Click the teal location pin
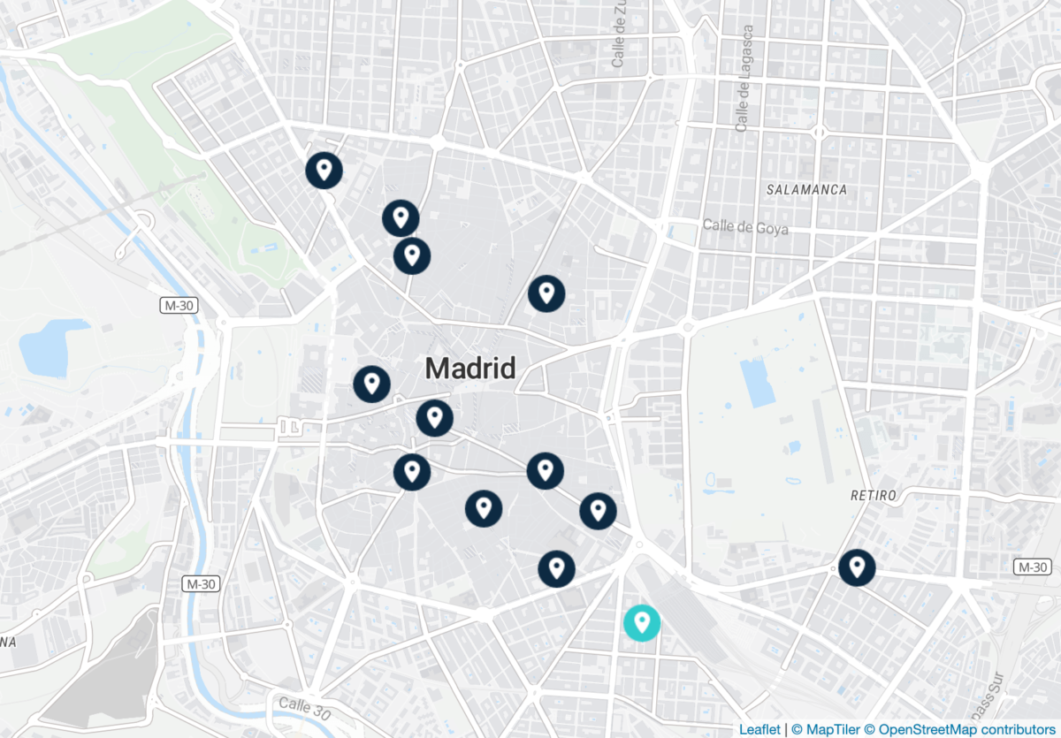click(x=642, y=622)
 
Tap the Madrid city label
click(x=470, y=368)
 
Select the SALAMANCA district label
click(x=806, y=189)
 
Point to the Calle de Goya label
click(x=744, y=226)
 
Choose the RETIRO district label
click(x=874, y=495)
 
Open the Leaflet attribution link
click(x=759, y=729)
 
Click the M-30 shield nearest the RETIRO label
click(x=1032, y=567)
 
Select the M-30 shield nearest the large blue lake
click(x=178, y=306)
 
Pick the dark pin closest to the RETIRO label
click(x=856, y=567)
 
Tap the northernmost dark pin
click(x=324, y=170)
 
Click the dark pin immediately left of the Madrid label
click(x=371, y=384)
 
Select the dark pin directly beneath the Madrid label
click(x=434, y=417)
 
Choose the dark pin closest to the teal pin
click(x=556, y=568)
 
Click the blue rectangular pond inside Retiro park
click(x=759, y=383)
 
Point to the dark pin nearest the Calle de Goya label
click(x=546, y=293)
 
